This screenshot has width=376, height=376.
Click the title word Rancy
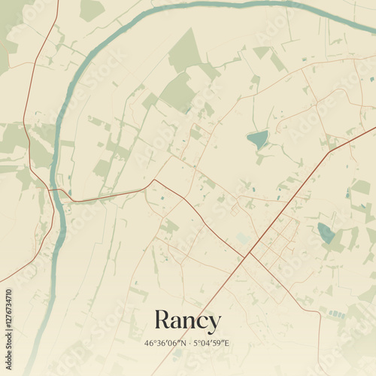187,321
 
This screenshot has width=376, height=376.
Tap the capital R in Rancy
163,320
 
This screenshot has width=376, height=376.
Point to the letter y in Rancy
214,323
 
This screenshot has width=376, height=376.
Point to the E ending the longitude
226,344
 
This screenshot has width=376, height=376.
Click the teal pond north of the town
258,139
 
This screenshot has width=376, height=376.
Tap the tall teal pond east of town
326,232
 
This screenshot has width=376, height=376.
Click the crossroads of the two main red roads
248,253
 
